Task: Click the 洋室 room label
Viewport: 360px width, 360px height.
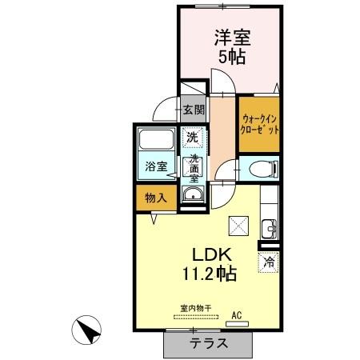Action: [229, 37]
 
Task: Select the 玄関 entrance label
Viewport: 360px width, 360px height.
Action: [193, 110]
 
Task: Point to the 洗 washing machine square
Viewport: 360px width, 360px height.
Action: [192, 137]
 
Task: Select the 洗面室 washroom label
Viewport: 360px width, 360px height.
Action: [193, 168]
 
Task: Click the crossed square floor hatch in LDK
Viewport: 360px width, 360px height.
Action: [238, 225]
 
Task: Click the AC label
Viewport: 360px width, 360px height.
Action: [237, 314]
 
